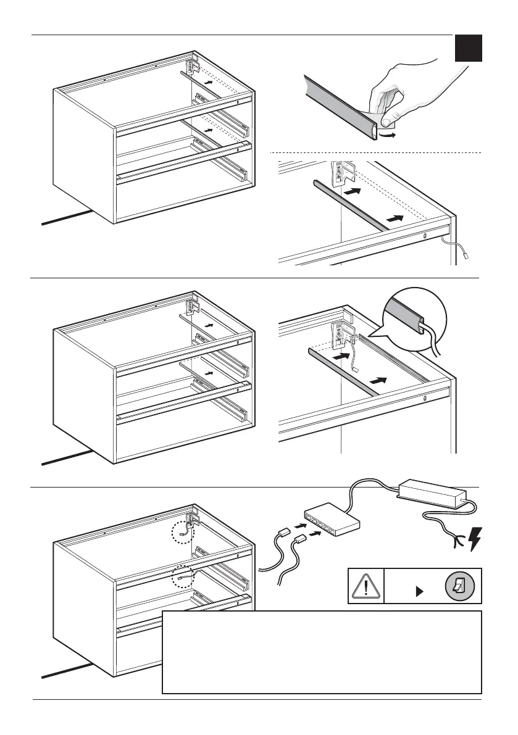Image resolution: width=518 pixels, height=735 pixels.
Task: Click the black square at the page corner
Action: coord(469,48)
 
